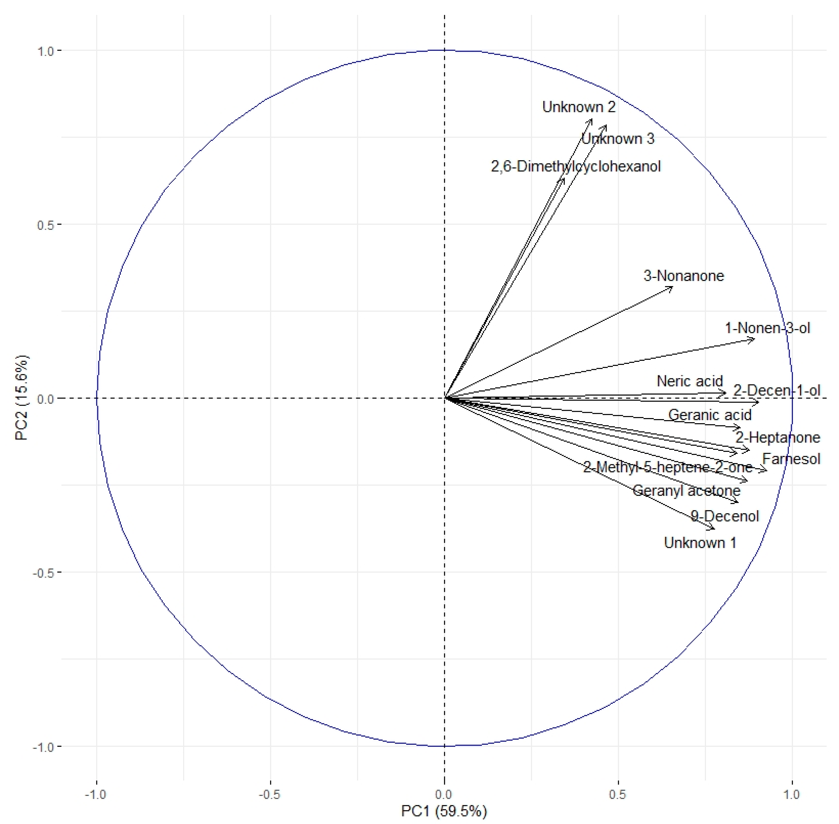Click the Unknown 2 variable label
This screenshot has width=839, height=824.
pos(579,107)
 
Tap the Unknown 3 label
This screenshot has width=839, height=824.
pos(618,139)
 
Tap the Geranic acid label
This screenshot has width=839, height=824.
pos(710,415)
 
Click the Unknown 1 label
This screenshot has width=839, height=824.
pos(700,543)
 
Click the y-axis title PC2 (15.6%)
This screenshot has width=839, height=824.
pos(22,397)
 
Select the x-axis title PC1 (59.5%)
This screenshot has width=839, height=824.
pos(444,811)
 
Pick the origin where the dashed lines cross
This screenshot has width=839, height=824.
pos(444,398)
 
